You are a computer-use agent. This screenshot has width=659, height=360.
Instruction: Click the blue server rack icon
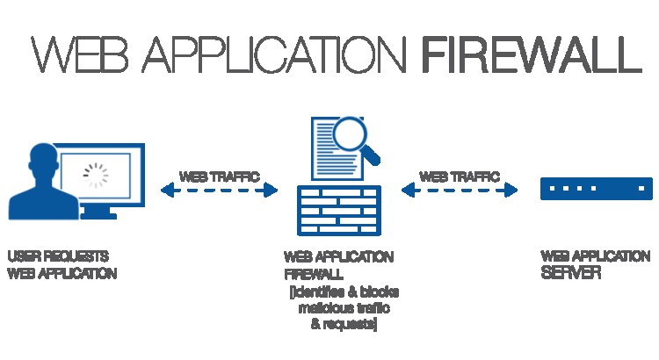(596, 189)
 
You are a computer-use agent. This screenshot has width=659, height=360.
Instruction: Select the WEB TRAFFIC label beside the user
(219, 176)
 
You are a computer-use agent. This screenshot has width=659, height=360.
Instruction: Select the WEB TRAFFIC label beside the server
(459, 176)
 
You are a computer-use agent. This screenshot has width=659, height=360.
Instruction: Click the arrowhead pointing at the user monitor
(166, 190)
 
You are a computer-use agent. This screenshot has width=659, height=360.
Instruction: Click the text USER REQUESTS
(58, 257)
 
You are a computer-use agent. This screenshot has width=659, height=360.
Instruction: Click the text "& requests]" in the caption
(344, 325)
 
